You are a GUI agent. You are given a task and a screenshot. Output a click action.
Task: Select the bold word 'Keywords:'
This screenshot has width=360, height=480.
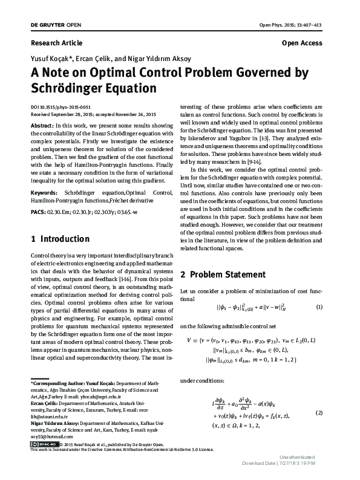[45, 192]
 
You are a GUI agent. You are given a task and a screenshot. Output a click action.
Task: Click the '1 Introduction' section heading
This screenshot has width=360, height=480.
[61, 239]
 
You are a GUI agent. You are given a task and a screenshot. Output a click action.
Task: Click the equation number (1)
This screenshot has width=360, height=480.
[319, 307]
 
